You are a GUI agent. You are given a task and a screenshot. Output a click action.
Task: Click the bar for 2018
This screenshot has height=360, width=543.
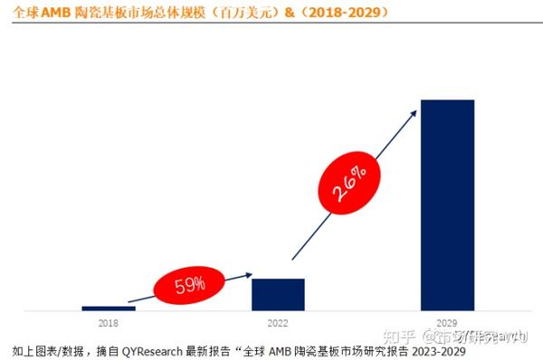point(108,308)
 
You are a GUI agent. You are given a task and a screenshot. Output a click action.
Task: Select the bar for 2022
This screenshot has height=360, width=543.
point(278,295)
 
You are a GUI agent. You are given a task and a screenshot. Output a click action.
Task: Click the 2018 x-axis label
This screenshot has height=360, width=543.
point(108,323)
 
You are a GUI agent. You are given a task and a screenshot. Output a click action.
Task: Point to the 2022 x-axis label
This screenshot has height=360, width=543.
point(277,323)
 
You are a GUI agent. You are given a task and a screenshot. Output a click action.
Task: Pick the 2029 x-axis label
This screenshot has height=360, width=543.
point(447,323)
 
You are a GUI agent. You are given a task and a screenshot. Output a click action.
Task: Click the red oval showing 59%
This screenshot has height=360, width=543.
point(191,287)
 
